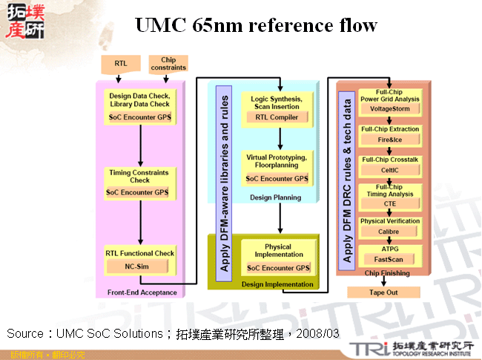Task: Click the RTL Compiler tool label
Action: pos(277,117)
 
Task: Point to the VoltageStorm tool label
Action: pos(389,108)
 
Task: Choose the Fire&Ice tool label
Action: pos(389,140)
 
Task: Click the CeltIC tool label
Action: pos(389,170)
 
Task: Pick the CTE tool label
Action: pos(389,203)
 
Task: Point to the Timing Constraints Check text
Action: pos(139,176)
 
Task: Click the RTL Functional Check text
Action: pos(139,253)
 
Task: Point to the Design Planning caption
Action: pos(276,198)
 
